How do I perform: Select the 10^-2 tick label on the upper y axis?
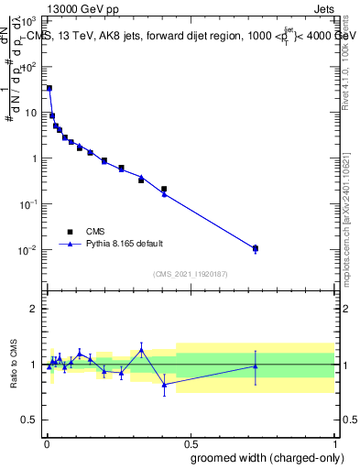[x=28, y=250]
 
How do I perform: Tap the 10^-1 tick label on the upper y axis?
[x=28, y=204]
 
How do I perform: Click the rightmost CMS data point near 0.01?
[x=256, y=248]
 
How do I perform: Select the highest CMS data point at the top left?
[x=49, y=89]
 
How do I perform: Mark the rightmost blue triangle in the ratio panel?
[x=256, y=366]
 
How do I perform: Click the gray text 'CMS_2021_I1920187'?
[x=190, y=273]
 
